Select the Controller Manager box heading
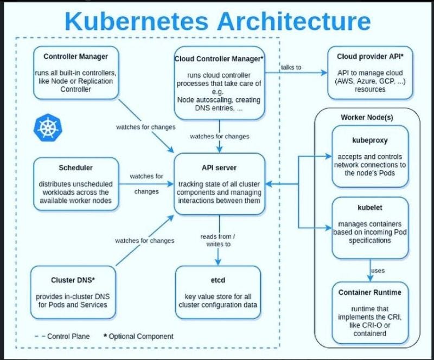click(75, 56)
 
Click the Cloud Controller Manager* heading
click(219, 58)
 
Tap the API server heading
click(219, 168)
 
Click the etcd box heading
click(219, 280)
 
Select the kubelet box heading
click(369, 207)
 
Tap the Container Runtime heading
click(370, 293)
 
